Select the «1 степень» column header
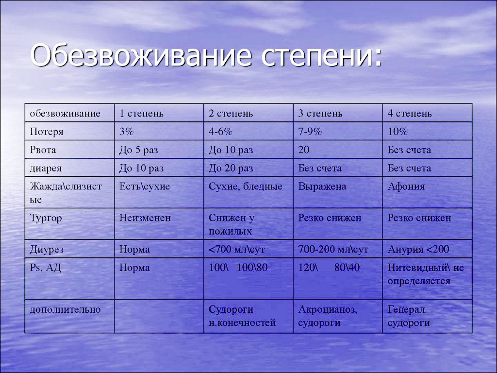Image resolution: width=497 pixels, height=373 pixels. tap(141, 113)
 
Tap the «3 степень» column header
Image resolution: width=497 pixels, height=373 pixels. tap(320, 113)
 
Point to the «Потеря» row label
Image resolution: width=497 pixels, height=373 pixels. tap(47, 131)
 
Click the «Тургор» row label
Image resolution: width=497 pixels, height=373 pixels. tap(46, 219)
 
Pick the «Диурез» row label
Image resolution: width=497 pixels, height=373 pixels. tap(47, 250)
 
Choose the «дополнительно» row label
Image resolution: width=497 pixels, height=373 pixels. tap(65, 309)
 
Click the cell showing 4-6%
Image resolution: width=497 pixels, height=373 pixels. tap(221, 131)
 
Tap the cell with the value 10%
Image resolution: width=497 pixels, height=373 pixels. tap(398, 131)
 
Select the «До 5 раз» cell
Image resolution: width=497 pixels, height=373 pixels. tap(138, 150)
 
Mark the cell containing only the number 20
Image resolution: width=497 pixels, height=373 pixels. tap(304, 150)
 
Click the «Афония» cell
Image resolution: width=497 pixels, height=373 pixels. tap(406, 186)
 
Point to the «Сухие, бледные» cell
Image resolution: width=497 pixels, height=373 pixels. tap(245, 186)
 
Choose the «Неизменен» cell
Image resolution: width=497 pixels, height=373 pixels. tap(145, 218)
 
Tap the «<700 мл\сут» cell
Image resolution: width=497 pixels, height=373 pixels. tap(236, 249)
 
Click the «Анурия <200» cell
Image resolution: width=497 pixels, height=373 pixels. tap(418, 249)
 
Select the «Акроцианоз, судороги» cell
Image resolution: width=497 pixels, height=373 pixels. tap(328, 316)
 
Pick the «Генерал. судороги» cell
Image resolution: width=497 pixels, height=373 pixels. tap(409, 316)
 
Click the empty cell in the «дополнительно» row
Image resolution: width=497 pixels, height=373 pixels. tap(159, 316)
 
